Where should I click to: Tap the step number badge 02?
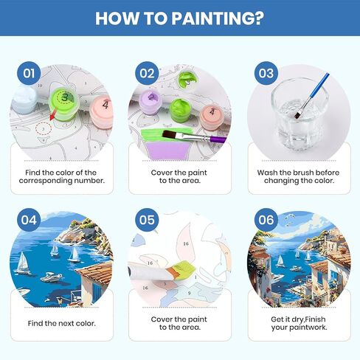click(147, 73)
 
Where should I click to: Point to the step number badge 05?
click(147, 220)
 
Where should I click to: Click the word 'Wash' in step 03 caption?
click(269, 171)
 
